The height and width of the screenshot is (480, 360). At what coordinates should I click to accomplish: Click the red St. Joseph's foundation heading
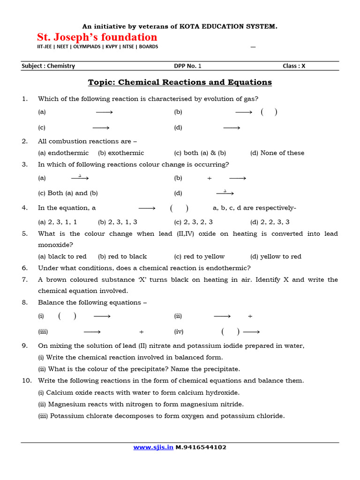click(x=97, y=37)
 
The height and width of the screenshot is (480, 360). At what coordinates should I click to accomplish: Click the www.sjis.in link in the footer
click(x=153, y=447)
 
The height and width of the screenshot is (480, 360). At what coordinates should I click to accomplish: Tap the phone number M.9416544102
click(x=201, y=447)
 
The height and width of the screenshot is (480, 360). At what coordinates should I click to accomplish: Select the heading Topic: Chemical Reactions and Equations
click(x=180, y=82)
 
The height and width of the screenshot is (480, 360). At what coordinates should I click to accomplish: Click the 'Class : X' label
click(x=294, y=66)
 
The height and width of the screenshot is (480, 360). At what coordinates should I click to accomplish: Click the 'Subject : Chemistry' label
click(x=48, y=66)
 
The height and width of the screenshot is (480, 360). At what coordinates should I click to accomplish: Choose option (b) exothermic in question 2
click(x=121, y=153)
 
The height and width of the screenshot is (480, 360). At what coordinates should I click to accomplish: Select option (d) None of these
click(x=277, y=153)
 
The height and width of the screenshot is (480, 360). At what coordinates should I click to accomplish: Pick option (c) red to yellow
click(x=199, y=256)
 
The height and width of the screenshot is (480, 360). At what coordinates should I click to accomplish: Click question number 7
click(x=25, y=280)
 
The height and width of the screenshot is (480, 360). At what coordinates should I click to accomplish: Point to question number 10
click(x=26, y=381)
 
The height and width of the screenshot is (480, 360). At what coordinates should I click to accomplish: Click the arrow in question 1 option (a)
click(x=105, y=112)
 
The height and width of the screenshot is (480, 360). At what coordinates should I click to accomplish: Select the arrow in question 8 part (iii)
click(x=92, y=332)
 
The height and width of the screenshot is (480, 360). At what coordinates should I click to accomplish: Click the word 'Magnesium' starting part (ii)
click(x=65, y=404)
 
